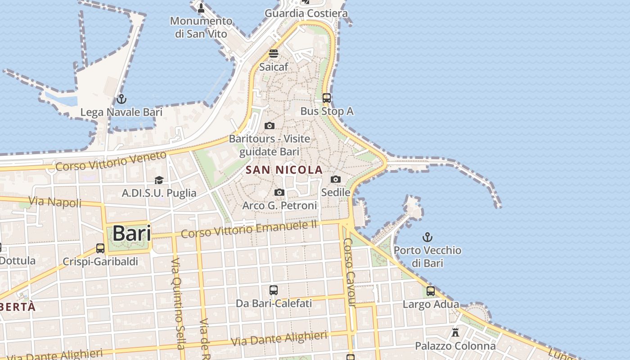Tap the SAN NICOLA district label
point(284,170)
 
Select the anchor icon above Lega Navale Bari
point(121,99)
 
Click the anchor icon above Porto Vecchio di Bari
point(427,237)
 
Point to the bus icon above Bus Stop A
point(327,98)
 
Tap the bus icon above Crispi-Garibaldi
point(100,248)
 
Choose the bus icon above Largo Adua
point(431,291)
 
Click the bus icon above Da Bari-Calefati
point(273,290)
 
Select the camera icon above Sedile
point(335,179)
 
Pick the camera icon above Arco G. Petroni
point(279,193)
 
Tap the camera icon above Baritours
point(270,126)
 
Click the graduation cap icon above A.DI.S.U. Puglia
point(159,180)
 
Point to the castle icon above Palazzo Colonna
point(455,333)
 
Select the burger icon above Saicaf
point(274,54)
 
